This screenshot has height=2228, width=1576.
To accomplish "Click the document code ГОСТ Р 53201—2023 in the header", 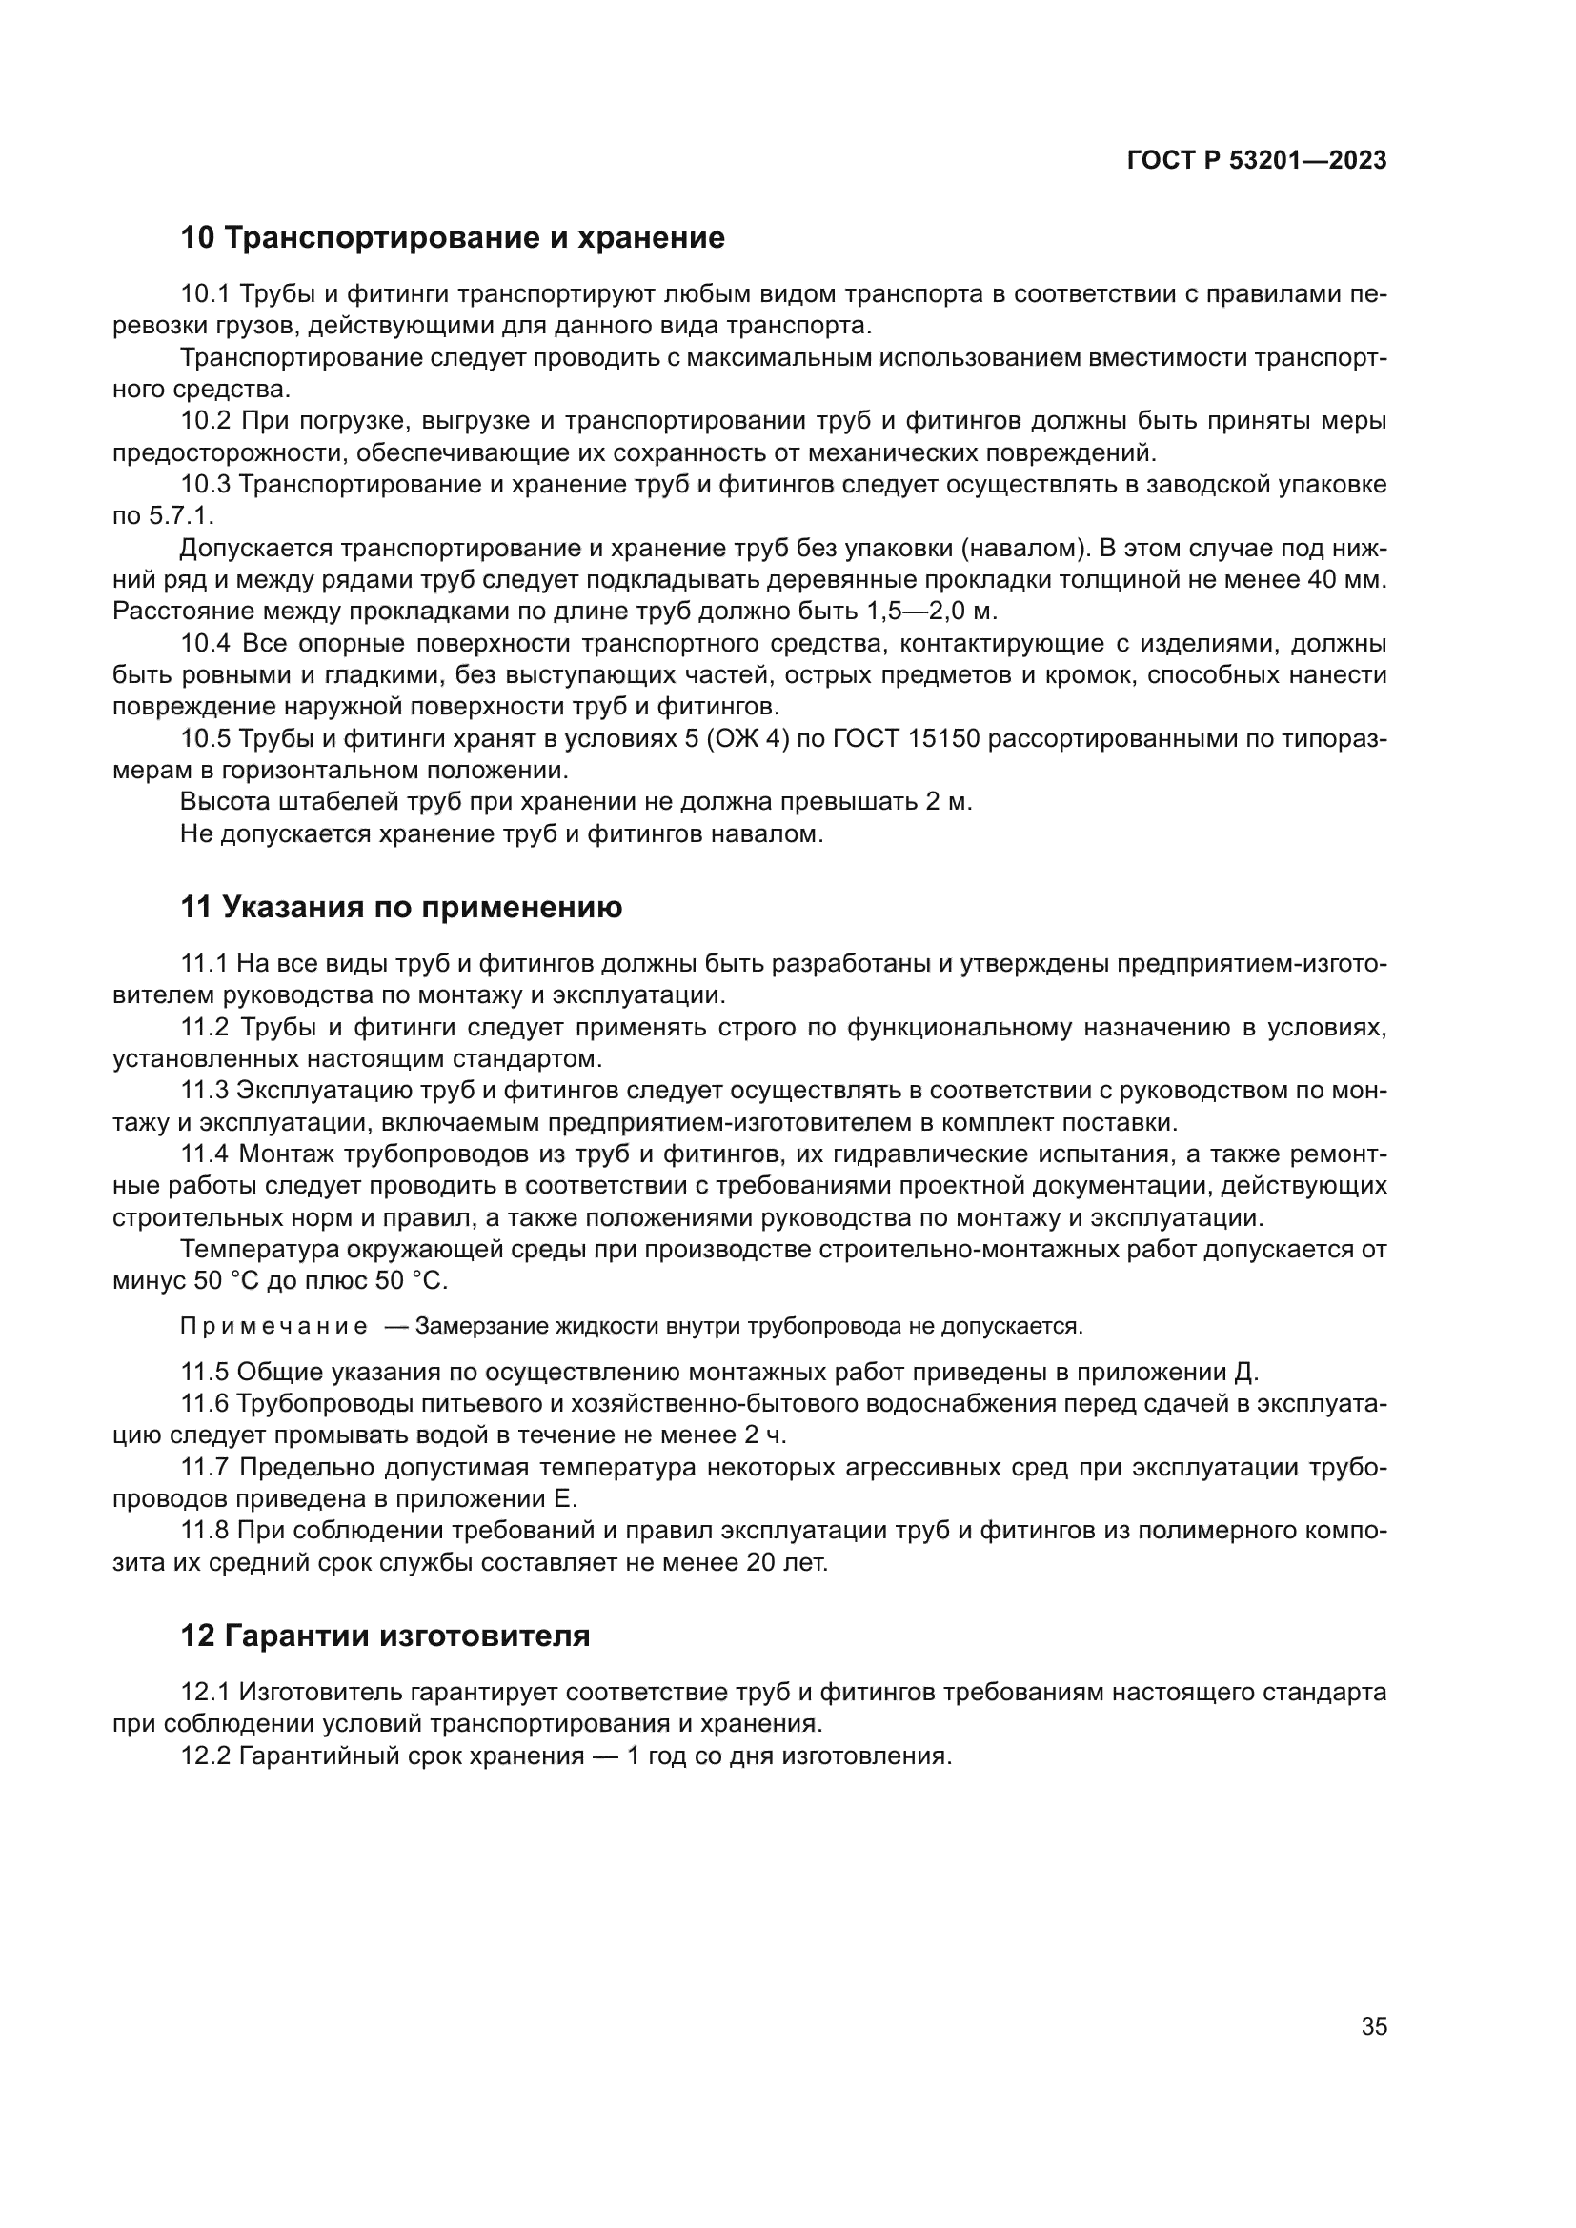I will [x=1257, y=161].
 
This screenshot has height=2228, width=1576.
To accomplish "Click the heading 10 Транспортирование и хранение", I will [x=453, y=238].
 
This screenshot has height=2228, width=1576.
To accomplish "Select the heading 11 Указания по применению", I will [x=401, y=908].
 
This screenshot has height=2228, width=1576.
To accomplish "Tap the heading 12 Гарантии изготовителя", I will [x=385, y=1636].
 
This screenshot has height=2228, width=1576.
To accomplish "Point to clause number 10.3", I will [x=205, y=484].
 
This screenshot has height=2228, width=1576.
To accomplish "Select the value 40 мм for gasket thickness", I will [x=1350, y=580].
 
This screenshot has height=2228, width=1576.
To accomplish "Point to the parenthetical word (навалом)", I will [x=1022, y=549].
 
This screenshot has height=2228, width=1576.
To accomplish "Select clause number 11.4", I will [x=205, y=1154].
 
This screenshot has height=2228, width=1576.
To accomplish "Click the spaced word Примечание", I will [x=273, y=1327].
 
